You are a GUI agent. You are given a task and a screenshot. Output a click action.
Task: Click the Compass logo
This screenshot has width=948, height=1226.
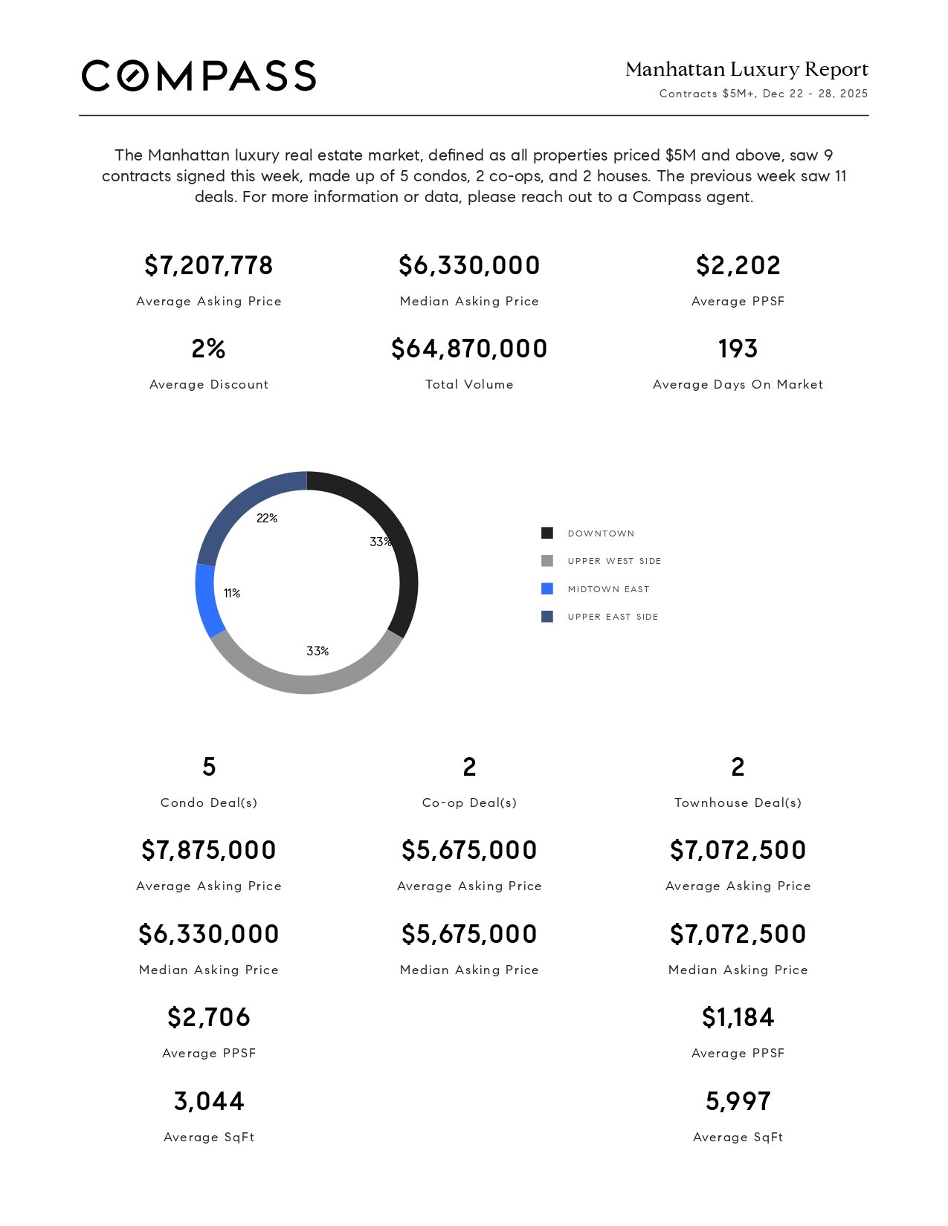[199, 76]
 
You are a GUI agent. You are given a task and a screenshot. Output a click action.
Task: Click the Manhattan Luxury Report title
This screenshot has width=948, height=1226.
[747, 70]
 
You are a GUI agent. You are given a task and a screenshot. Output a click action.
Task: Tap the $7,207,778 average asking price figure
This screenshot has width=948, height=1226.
[209, 265]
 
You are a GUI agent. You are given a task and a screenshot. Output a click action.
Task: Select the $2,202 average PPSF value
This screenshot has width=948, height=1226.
[738, 265]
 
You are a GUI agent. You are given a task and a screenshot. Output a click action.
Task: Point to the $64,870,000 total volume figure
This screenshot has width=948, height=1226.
[469, 348]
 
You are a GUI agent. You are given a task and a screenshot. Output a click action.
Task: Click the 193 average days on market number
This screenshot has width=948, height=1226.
[738, 348]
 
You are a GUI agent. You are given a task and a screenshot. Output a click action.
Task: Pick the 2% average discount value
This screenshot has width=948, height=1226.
[209, 348]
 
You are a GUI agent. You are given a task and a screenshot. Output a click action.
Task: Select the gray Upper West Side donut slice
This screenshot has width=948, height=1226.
[306, 684]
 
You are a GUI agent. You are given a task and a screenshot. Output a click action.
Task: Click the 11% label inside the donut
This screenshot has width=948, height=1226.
[232, 593]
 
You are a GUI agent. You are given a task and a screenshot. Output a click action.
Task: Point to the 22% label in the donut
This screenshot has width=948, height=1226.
[267, 519]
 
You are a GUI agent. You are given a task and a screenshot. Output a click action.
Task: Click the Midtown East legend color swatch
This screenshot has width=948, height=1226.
[547, 589]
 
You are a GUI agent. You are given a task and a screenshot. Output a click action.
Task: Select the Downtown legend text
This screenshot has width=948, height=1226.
[601, 533]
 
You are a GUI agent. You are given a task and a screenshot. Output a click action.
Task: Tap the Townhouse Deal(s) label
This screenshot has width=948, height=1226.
[738, 802]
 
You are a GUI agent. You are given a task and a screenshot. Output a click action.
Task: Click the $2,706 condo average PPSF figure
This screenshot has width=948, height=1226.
[209, 1017]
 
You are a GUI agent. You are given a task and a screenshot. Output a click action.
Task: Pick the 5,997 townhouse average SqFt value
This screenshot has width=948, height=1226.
[738, 1101]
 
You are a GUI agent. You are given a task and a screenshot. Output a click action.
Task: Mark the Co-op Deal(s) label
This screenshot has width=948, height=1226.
[469, 802]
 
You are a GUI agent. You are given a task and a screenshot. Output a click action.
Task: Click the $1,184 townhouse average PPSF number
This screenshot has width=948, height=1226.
[738, 1017]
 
